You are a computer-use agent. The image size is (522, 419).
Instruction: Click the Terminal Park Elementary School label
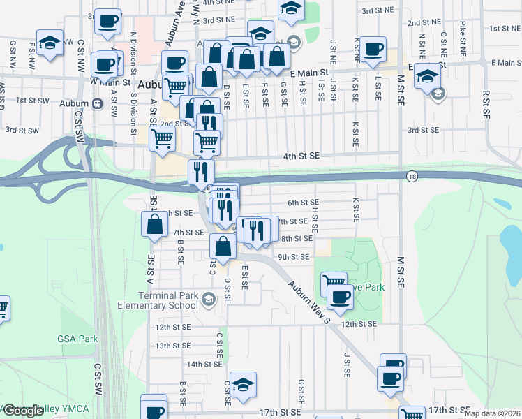[157, 301]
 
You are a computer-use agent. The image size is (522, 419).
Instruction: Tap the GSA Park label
[77, 339]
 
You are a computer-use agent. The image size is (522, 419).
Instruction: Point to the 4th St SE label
[301, 156]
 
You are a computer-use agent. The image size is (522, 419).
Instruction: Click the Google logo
[24, 411]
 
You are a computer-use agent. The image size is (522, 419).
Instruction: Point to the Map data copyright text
[492, 413]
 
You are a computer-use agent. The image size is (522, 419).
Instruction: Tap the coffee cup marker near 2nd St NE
[372, 49]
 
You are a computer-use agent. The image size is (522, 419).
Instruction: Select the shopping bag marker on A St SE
[155, 225]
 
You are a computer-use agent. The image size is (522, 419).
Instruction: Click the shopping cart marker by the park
[334, 284]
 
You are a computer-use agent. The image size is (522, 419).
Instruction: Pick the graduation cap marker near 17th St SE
[243, 385]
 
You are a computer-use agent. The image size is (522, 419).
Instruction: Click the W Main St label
[111, 82]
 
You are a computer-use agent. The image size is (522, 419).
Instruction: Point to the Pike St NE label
[462, 38]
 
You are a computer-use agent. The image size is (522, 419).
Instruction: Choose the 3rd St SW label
[21, 130]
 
